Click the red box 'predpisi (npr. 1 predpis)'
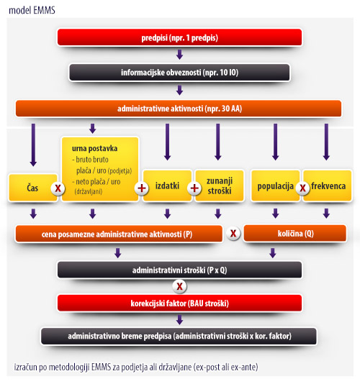point(179,37)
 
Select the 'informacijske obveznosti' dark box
point(179,72)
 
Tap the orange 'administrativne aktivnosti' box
point(179,109)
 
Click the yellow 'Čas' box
point(33,188)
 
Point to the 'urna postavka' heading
point(94,148)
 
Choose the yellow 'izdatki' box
point(167,186)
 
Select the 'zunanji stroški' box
point(220,186)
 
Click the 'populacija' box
point(275,186)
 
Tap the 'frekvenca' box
point(328,186)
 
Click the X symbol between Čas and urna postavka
point(58,188)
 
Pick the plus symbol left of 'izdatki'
point(142,188)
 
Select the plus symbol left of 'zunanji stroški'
point(194,188)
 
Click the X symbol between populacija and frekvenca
point(302,188)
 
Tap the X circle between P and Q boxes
point(233,233)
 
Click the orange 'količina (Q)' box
point(295,234)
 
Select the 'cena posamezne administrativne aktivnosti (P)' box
point(119,234)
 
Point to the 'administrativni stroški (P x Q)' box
point(179,270)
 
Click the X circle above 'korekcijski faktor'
point(179,286)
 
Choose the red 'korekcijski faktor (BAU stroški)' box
point(179,303)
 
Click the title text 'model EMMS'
point(32,10)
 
